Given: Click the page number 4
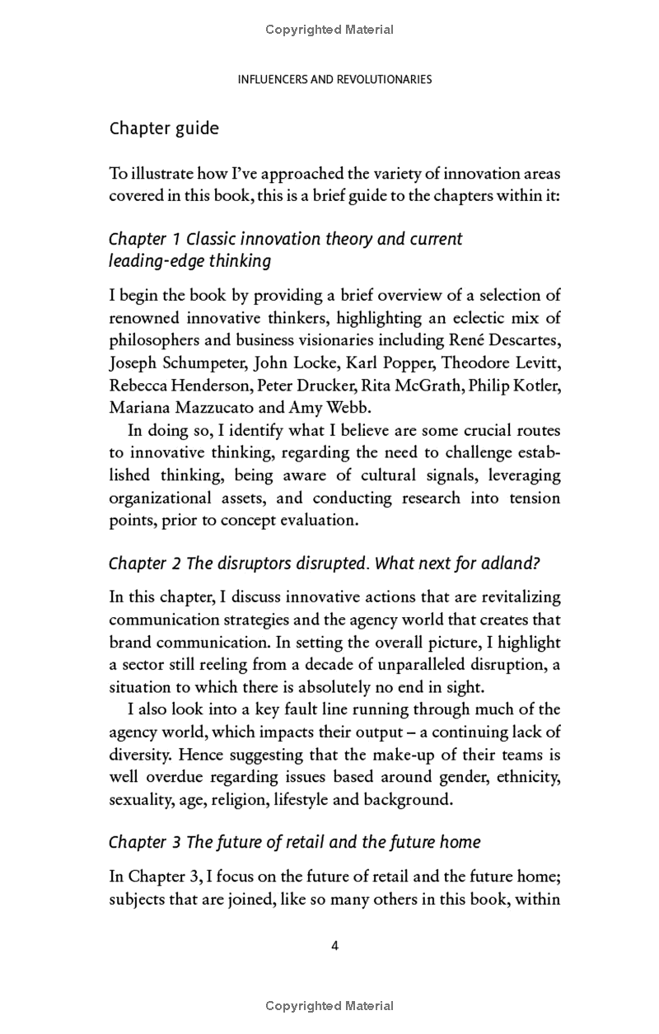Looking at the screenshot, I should (334, 946).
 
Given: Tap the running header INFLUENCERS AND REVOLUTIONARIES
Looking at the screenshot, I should (334, 80).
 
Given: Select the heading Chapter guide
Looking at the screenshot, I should (164, 129).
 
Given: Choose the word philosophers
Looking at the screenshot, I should (154, 340).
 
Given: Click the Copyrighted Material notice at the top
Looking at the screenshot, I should (329, 30).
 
